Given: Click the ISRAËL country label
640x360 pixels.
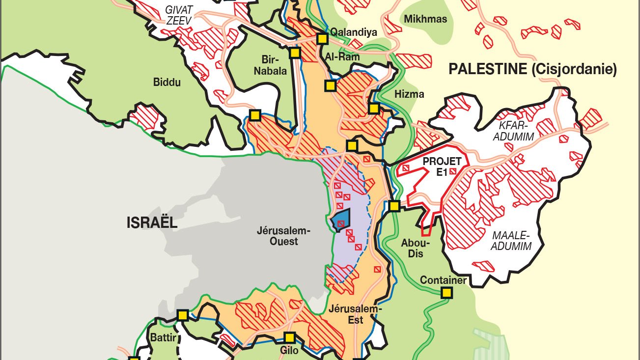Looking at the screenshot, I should coord(151,222).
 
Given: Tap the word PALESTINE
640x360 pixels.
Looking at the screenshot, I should coord(487,69).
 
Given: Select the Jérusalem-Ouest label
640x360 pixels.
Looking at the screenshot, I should coord(278,236).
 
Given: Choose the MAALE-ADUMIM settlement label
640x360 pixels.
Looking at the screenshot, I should coord(512,241).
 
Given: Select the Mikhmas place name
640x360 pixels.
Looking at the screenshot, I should coord(425,19).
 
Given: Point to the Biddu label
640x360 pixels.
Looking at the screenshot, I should coord(167,82).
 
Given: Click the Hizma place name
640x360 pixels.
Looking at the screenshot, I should coord(409,94).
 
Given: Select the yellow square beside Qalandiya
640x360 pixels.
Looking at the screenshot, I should coord(322,38).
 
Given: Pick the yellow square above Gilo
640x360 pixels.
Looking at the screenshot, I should coord(289,337).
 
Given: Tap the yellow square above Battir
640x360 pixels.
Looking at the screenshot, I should coord(183,315).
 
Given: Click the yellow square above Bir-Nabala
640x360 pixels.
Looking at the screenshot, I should coord(295,53).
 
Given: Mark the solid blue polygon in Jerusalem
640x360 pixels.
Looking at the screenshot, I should coord(340,220).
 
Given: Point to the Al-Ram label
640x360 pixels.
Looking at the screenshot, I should coord(342,57).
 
